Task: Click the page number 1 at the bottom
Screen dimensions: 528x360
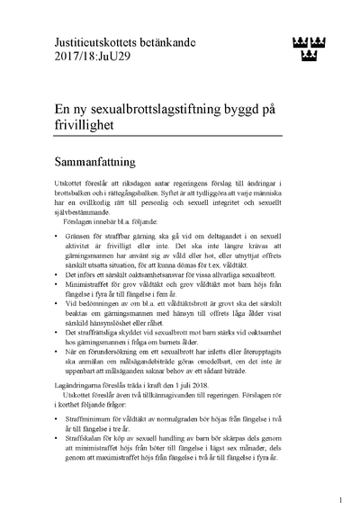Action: (339, 500)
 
